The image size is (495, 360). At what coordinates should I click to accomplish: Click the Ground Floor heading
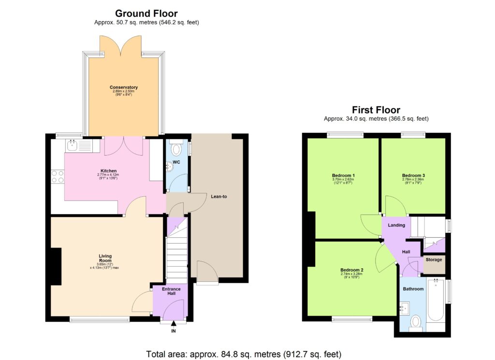146,14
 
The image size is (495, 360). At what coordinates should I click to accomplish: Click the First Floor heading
376,110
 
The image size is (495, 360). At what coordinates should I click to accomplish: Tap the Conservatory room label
124,87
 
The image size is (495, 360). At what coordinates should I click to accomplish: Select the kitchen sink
74,144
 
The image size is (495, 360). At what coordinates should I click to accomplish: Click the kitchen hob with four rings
57,176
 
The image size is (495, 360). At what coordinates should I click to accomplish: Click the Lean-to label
219,196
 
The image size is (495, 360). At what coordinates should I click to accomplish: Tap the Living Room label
105,258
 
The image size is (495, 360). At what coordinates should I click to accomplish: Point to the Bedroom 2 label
351,270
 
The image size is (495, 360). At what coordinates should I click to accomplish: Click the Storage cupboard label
434,260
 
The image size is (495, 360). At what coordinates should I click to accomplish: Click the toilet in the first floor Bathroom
415,322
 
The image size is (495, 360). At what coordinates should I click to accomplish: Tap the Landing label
396,225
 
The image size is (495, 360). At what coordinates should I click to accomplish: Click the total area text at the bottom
244,354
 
